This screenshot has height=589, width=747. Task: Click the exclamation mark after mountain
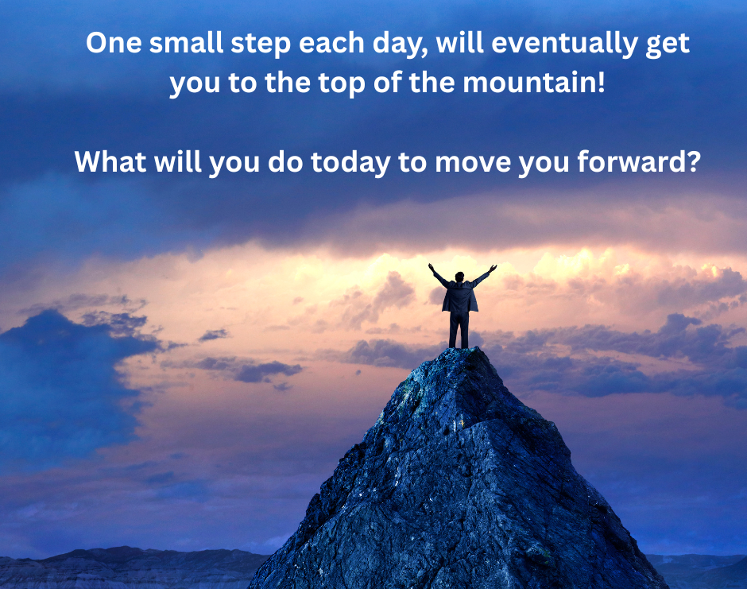[x=600, y=82]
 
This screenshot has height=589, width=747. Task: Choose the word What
[x=110, y=162]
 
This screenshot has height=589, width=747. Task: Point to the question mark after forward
[x=693, y=162]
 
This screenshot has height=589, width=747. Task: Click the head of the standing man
[x=460, y=277]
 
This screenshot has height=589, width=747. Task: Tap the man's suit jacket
[x=460, y=297]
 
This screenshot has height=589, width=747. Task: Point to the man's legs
[x=459, y=329]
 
